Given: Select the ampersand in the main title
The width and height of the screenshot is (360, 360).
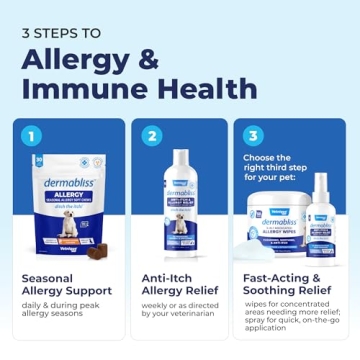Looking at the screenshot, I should [148, 58].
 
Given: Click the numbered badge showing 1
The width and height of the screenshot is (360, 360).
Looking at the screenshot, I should [34, 133].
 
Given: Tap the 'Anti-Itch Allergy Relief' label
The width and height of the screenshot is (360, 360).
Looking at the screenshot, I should [180, 287].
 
